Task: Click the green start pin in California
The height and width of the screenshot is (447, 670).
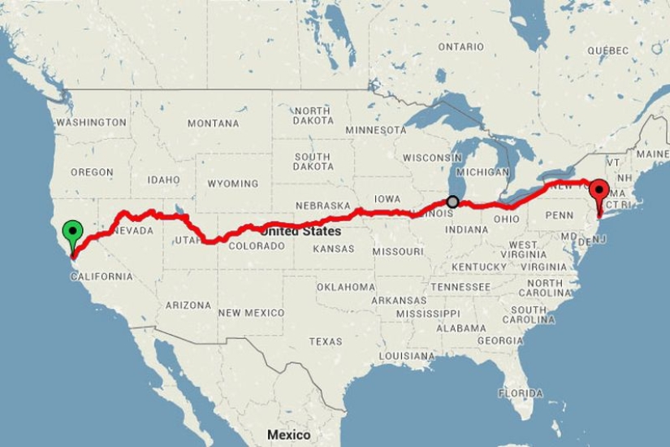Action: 73,232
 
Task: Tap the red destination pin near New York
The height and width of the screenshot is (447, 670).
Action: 599,193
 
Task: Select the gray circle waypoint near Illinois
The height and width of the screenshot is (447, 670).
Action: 452,202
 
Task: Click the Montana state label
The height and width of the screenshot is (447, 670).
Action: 213,124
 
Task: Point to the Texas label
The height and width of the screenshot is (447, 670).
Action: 326,341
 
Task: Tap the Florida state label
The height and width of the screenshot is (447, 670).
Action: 520,393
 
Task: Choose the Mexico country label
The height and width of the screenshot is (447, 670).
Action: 288,435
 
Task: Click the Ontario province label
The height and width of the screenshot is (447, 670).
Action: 460,47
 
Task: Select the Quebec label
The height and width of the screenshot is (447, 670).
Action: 607,50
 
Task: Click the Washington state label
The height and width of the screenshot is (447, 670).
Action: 91,123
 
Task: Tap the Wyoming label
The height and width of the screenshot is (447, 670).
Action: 232,184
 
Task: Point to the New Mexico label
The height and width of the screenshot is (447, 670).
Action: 251,313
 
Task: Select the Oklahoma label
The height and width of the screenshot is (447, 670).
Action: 346,287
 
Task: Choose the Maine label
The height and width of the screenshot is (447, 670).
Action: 652,154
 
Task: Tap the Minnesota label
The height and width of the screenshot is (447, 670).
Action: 375,130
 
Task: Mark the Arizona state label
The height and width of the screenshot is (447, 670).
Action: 188,306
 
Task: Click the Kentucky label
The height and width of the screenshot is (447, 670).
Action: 478,267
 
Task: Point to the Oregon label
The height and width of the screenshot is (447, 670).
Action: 91,172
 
